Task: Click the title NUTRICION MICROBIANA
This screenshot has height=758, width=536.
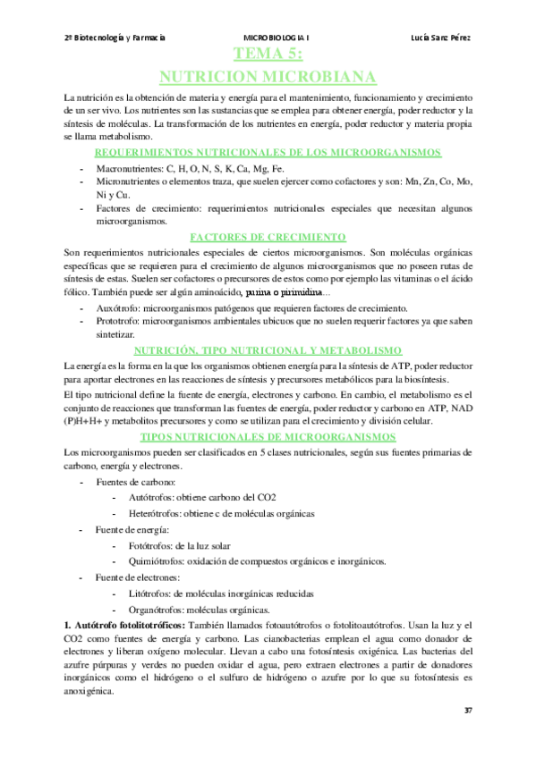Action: point(266,76)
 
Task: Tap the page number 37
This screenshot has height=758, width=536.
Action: point(467,710)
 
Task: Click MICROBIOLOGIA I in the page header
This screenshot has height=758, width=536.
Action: point(277,38)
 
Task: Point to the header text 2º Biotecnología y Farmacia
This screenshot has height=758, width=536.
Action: point(115,38)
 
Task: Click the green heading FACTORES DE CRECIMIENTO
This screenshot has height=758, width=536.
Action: point(268,237)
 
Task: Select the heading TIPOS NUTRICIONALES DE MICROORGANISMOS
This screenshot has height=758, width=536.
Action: point(268,437)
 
